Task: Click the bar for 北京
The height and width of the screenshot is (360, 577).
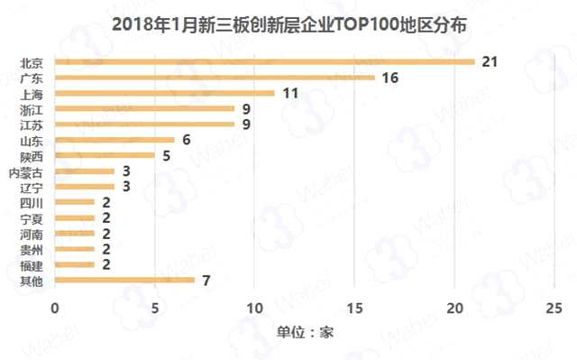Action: point(265,61)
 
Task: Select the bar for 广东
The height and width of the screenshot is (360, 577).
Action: point(215,78)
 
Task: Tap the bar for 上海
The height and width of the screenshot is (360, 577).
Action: point(165,93)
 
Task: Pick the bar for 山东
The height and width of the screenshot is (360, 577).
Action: point(115,140)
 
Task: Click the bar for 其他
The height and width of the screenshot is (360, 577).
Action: point(125,280)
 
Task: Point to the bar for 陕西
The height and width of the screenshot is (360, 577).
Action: point(105,155)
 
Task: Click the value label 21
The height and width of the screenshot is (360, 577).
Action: point(490,61)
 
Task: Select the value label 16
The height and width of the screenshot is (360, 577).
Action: point(390,78)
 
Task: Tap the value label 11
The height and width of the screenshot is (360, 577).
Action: point(290,93)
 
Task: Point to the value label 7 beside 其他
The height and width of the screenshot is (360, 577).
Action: point(206,280)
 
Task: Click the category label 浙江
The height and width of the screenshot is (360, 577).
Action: point(31,109)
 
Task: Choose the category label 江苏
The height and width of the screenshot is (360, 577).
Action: point(31,125)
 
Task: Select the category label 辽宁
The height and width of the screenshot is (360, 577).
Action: point(31,187)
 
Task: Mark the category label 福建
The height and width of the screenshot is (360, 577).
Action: point(31,264)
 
